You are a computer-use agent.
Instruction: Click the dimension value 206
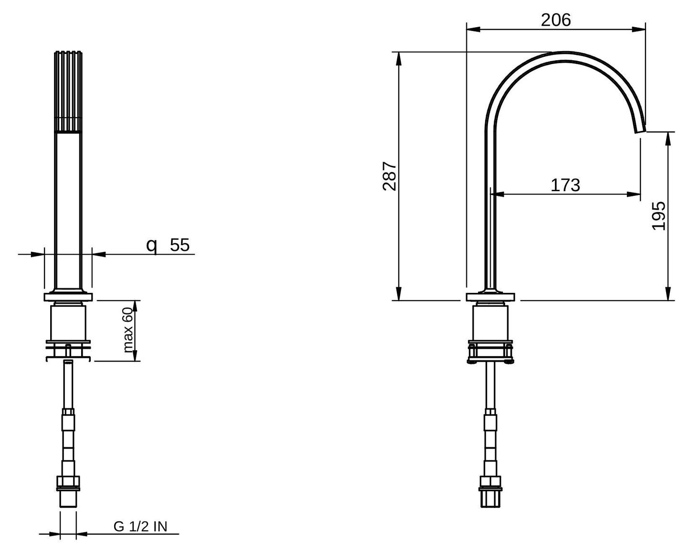556,20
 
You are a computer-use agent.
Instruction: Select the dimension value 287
390,176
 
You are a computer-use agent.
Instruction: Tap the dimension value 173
565,185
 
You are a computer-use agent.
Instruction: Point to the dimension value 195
659,216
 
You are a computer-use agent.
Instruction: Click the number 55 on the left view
180,245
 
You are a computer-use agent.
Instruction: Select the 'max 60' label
127,330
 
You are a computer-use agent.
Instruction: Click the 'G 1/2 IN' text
140,526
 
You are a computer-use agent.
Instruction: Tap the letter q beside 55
152,246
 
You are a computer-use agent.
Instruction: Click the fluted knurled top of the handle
68,92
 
